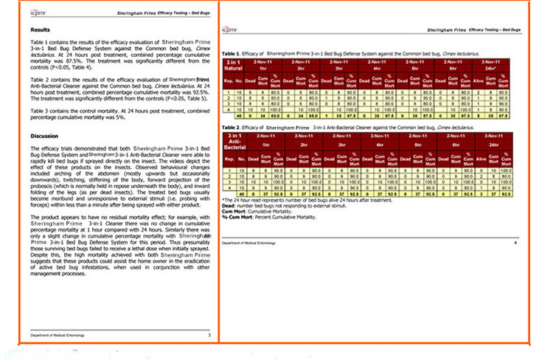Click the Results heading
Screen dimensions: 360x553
(40, 30)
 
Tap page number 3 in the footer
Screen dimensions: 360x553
(209, 336)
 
